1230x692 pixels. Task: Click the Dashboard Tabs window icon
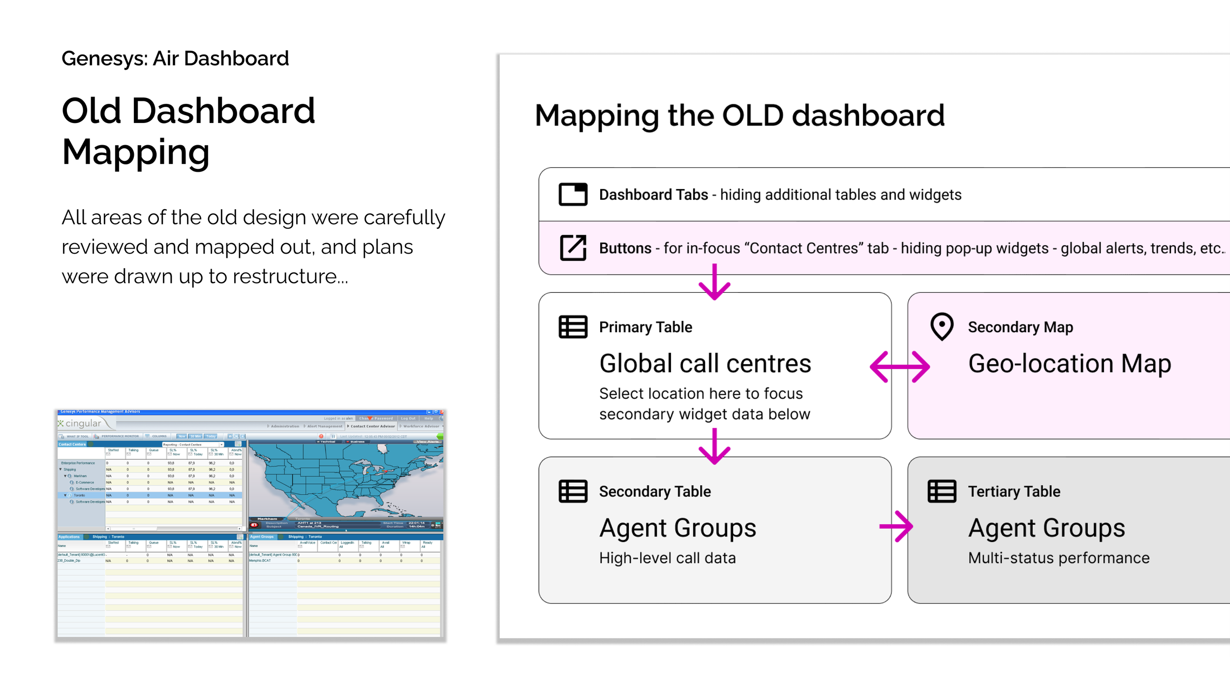(573, 194)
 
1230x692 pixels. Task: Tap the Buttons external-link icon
(573, 248)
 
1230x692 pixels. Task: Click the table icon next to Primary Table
(573, 327)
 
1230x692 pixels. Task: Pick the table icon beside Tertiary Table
(942, 491)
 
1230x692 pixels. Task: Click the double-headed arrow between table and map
(899, 367)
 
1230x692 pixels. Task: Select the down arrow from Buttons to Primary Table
(714, 283)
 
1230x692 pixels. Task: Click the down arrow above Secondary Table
(714, 447)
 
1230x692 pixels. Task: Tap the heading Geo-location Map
(1070, 364)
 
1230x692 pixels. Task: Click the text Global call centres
(705, 364)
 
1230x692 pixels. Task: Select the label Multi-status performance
(1059, 558)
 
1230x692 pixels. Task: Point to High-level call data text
(667, 558)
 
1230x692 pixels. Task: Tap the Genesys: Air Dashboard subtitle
(175, 59)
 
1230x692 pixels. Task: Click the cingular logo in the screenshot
(81, 423)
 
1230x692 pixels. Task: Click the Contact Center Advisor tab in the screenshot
(372, 426)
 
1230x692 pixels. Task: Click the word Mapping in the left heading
(136, 152)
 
